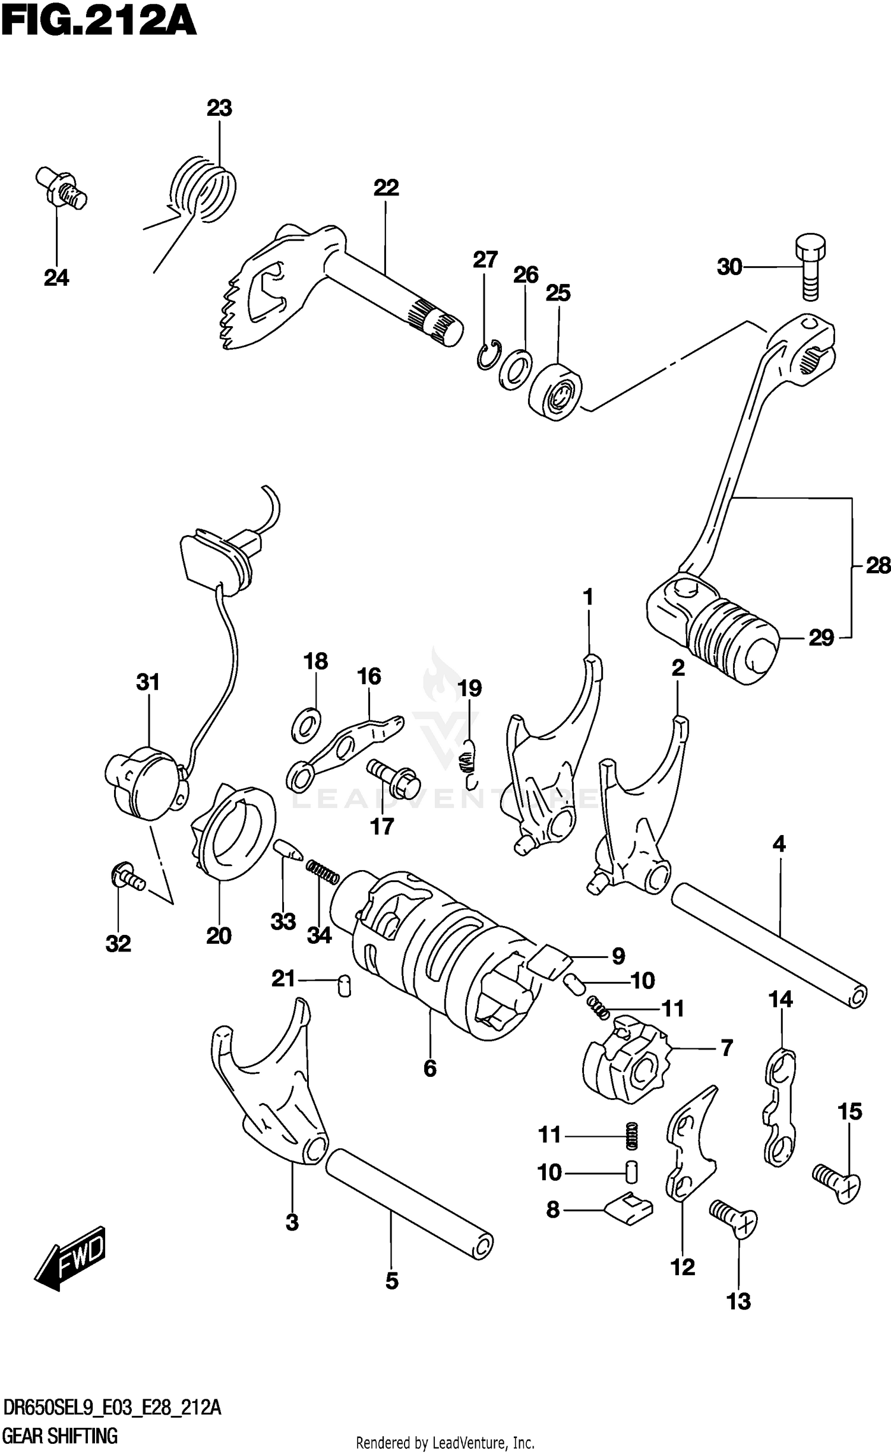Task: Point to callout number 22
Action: pyautogui.click(x=386, y=188)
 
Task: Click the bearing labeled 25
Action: pyautogui.click(x=556, y=393)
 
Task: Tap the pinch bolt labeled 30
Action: pyautogui.click(x=810, y=268)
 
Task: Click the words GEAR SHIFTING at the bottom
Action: pyautogui.click(x=59, y=1436)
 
